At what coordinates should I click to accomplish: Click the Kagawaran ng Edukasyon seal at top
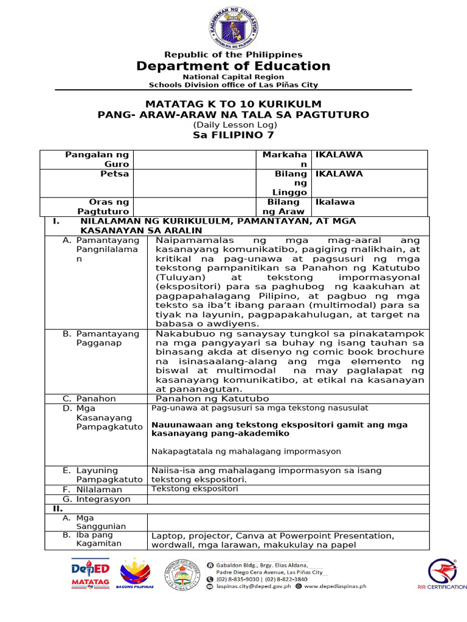[x=234, y=24]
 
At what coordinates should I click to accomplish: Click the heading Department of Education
[x=233, y=66]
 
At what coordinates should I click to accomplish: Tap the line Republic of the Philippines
[x=233, y=55]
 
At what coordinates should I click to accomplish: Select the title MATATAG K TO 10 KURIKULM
[x=233, y=104]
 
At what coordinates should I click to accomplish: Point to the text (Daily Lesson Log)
[x=233, y=125]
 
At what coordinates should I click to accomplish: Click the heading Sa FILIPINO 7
[x=233, y=135]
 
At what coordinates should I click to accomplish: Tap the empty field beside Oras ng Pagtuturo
[x=194, y=207]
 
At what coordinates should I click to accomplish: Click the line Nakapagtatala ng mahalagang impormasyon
[x=246, y=451]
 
